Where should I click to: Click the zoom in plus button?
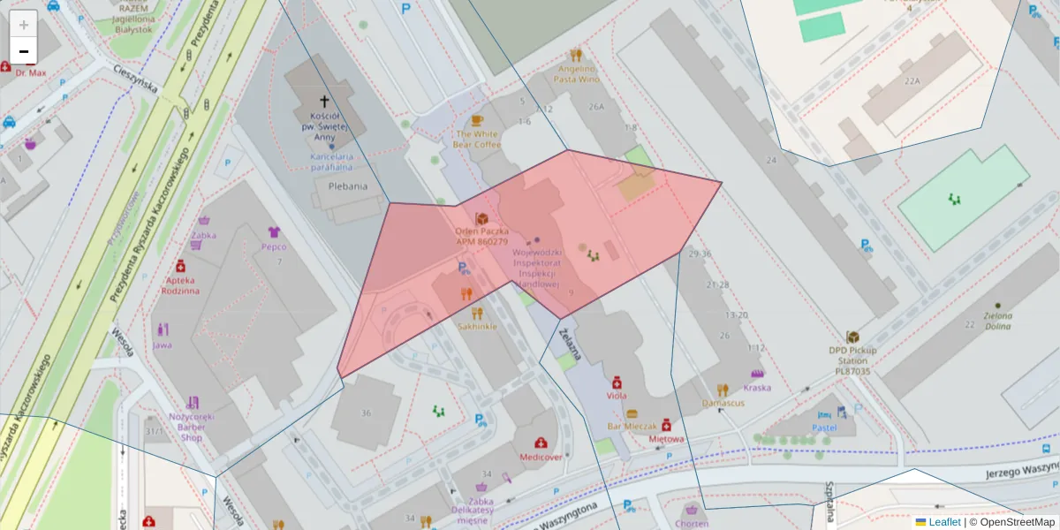pyautogui.click(x=24, y=24)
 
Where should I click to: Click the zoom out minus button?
pyautogui.click(x=24, y=51)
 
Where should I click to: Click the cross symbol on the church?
pyautogui.click(x=324, y=102)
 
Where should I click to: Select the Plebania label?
pyautogui.click(x=347, y=186)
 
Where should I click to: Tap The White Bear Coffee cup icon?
pyautogui.click(x=477, y=120)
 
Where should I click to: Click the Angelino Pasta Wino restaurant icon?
pyautogui.click(x=576, y=55)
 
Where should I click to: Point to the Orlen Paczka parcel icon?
pyautogui.click(x=482, y=218)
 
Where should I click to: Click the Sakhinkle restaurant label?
pyautogui.click(x=477, y=326)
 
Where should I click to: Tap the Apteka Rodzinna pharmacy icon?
pyautogui.click(x=181, y=265)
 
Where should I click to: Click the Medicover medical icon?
pyautogui.click(x=541, y=443)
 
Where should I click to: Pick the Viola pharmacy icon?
pyautogui.click(x=617, y=382)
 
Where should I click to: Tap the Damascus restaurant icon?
pyautogui.click(x=723, y=390)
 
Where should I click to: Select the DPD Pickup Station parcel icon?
pyautogui.click(x=853, y=337)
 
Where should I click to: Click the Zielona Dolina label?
pyautogui.click(x=997, y=321)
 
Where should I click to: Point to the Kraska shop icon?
pyautogui.click(x=757, y=375)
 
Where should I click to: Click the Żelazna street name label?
pyautogui.click(x=571, y=344)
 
